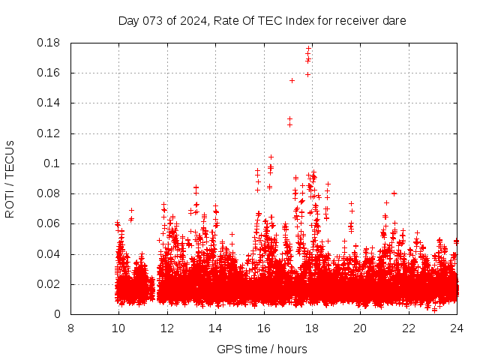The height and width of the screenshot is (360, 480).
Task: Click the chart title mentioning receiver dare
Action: coord(262,21)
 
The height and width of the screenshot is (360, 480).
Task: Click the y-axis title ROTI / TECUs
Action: coord(10,178)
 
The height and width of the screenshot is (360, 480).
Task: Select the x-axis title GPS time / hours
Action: coord(263,349)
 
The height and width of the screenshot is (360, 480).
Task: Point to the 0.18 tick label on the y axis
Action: coord(49,43)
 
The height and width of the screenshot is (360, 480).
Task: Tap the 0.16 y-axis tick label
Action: coord(49,73)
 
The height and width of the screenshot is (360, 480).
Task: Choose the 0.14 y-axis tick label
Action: coord(49,103)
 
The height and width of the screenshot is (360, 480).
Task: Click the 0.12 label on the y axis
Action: coord(49,133)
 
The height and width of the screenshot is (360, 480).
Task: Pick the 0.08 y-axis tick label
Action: coord(49,193)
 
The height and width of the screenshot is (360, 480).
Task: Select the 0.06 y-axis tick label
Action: coord(49,223)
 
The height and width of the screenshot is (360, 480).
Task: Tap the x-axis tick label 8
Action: coord(70,328)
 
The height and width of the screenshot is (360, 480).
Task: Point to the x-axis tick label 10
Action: coord(118,328)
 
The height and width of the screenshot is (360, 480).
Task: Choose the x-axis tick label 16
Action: coord(263,328)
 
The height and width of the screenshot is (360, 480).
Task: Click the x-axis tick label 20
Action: coord(360,328)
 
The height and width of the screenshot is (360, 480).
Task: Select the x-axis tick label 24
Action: coord(456,328)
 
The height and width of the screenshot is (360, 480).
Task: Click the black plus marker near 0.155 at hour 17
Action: coord(292,80)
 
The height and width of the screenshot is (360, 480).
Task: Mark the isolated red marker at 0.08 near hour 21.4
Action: coord(394,193)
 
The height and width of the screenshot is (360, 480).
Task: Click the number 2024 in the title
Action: coord(192,21)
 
